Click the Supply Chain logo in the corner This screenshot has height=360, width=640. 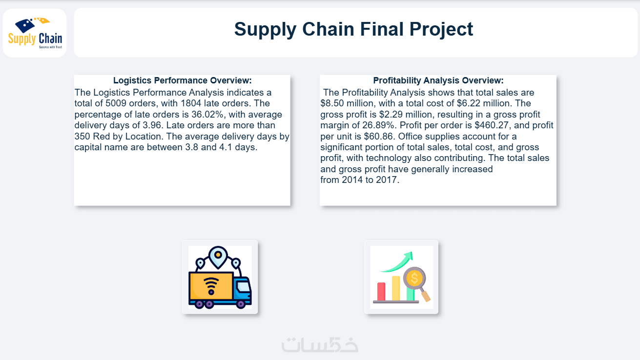[x=35, y=33]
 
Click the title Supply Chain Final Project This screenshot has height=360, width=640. [x=353, y=29]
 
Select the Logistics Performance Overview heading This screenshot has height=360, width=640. [x=182, y=80]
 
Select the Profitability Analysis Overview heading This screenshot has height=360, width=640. [x=438, y=80]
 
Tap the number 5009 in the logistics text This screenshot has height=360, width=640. [x=116, y=103]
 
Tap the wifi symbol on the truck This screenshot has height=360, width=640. [x=211, y=286]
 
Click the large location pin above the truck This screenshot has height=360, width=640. [x=218, y=257]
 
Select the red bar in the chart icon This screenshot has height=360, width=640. [x=381, y=292]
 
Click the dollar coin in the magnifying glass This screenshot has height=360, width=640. [x=414, y=278]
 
